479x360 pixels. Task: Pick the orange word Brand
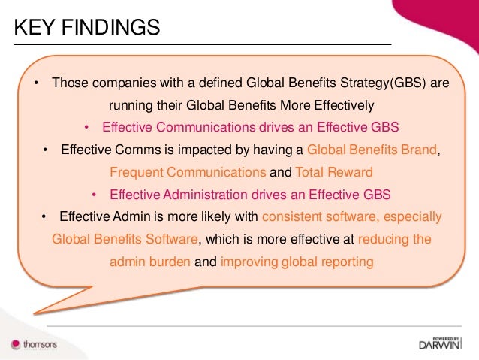click(x=419, y=149)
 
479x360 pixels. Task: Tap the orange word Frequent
click(x=134, y=171)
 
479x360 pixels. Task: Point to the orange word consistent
click(x=291, y=217)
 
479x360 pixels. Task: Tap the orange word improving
click(x=251, y=262)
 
